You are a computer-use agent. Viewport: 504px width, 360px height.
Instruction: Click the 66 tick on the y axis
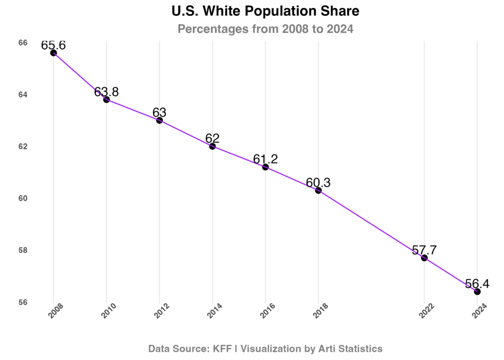(x=23, y=43)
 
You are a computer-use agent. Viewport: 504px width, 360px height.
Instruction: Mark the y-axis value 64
(x=23, y=95)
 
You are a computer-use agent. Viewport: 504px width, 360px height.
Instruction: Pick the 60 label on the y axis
(x=23, y=198)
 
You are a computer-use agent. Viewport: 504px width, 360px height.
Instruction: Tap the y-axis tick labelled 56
(x=23, y=302)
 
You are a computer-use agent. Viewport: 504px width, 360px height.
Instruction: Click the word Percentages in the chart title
(x=213, y=30)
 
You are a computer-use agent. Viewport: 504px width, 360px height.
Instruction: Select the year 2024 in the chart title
(x=340, y=30)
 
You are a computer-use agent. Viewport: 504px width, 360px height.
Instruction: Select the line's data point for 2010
(x=106, y=99)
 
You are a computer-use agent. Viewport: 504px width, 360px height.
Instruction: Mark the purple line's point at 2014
(x=213, y=147)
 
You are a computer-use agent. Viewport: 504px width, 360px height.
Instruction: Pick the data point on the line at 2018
(x=318, y=190)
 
